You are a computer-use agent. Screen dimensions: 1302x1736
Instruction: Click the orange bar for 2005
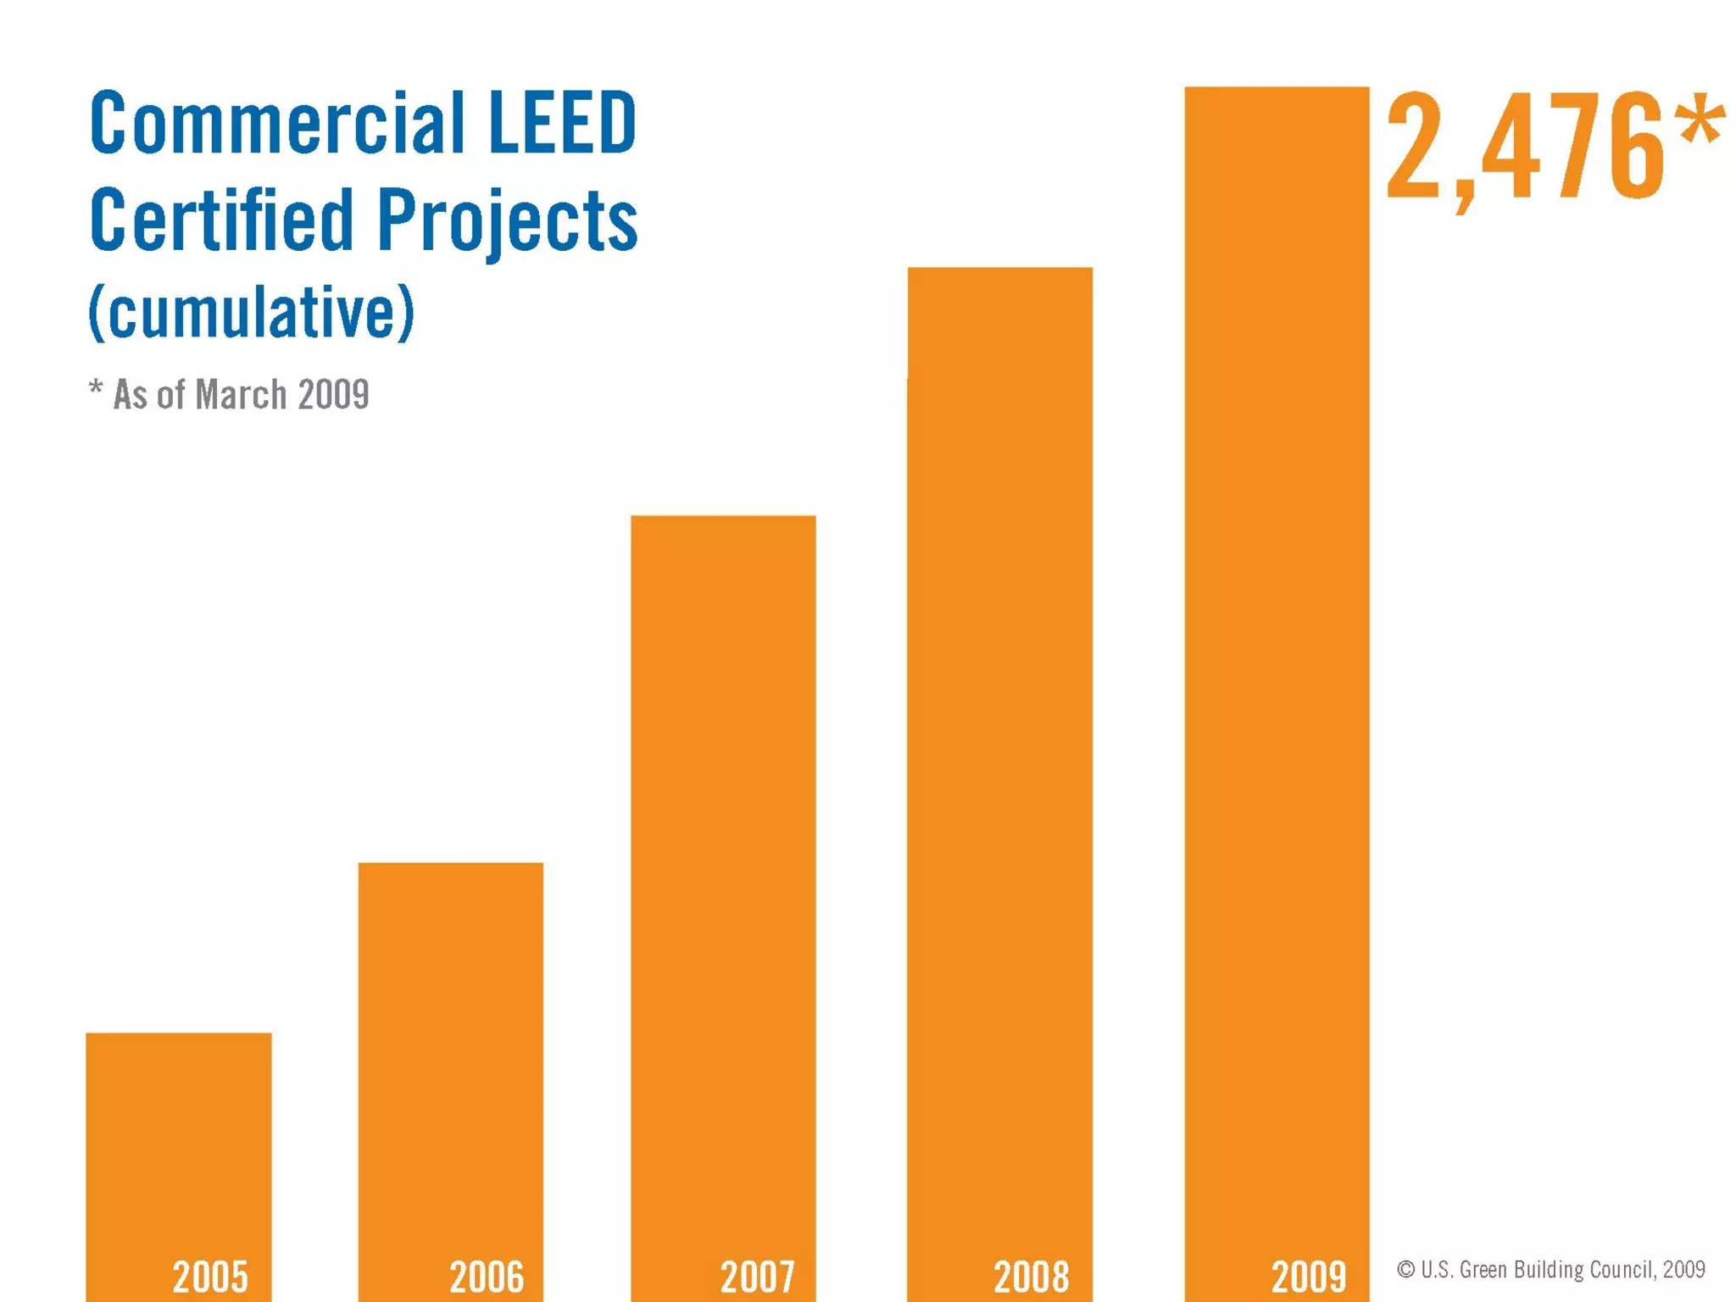point(178,1153)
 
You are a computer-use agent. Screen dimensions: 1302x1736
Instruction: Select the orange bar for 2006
point(450,1060)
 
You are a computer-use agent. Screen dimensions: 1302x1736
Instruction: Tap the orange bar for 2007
point(723,890)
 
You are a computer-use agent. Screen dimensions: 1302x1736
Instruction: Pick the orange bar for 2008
point(999,763)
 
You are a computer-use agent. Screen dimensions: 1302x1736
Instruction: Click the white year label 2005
point(210,1277)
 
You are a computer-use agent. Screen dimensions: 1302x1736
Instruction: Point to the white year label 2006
point(487,1277)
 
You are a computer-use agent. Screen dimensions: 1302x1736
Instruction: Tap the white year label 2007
point(758,1277)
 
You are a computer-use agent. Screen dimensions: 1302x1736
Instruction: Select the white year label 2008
point(1032,1277)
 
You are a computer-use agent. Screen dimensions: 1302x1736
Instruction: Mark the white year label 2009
point(1309,1277)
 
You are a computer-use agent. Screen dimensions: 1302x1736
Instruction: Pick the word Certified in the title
point(221,220)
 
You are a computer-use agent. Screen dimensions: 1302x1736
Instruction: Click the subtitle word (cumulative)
point(252,312)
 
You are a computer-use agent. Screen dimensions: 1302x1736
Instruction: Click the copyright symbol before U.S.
point(1405,1269)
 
